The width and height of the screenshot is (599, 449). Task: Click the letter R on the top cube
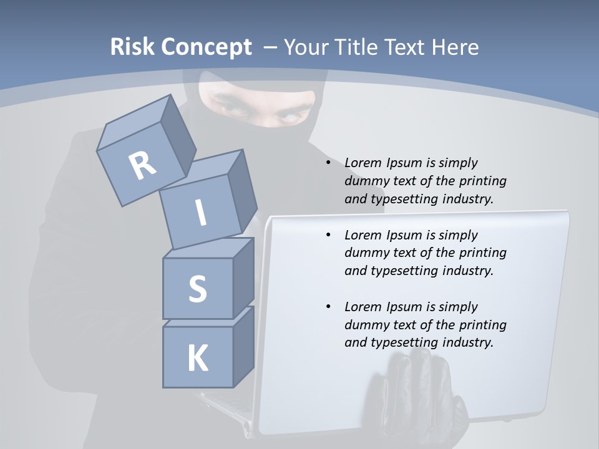143,165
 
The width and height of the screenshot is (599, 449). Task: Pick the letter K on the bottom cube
198,359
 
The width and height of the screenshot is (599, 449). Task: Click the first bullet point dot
328,163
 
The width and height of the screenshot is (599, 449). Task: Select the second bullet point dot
328,235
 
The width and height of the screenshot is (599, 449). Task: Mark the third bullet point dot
328,307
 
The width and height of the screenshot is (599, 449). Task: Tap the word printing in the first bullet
482,181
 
